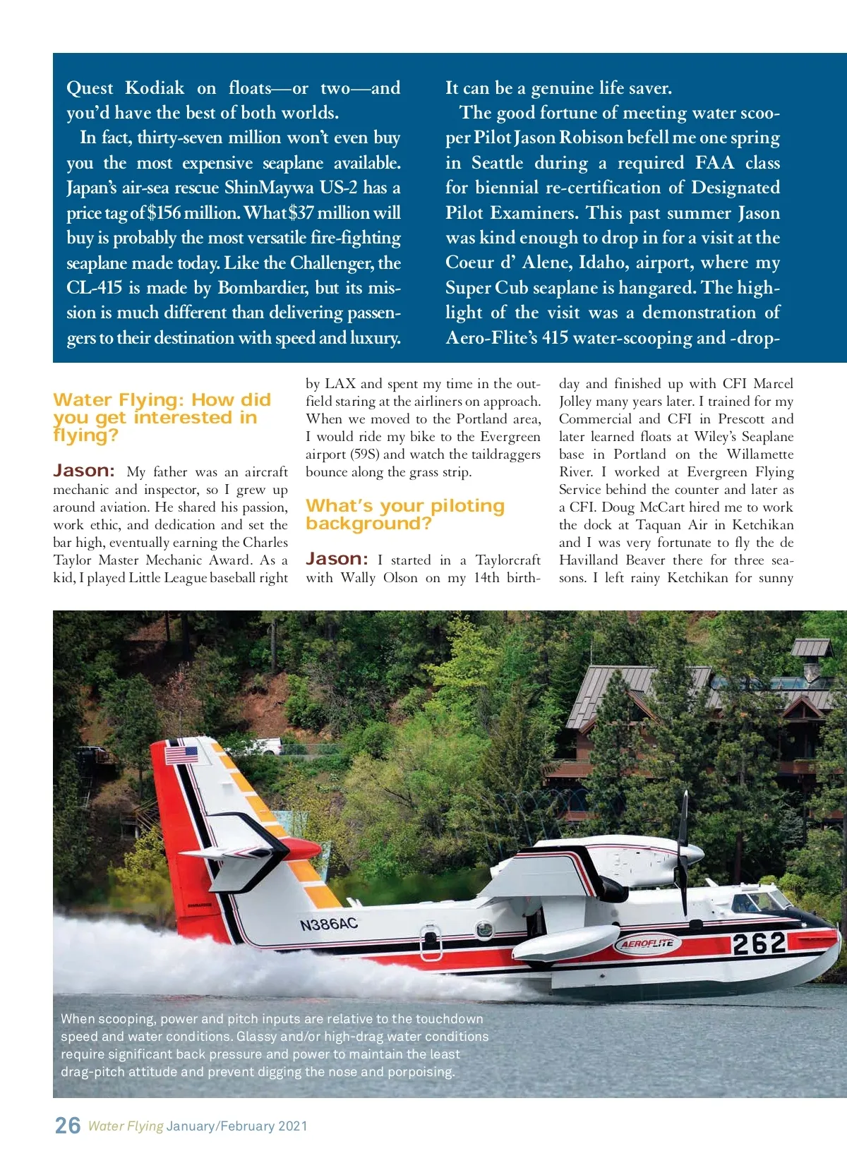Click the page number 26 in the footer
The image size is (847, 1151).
tap(68, 1125)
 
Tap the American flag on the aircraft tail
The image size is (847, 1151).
tap(181, 755)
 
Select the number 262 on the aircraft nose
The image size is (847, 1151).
tap(759, 944)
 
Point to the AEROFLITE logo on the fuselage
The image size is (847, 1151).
tap(647, 944)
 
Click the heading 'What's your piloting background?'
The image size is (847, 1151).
tap(405, 514)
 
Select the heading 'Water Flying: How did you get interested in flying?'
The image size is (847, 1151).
tap(162, 417)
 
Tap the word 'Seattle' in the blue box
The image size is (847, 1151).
tap(497, 163)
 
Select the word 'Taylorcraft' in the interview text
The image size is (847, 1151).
tap(507, 560)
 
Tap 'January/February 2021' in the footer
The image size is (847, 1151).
tap(237, 1126)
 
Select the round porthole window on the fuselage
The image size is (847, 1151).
tap(485, 930)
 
